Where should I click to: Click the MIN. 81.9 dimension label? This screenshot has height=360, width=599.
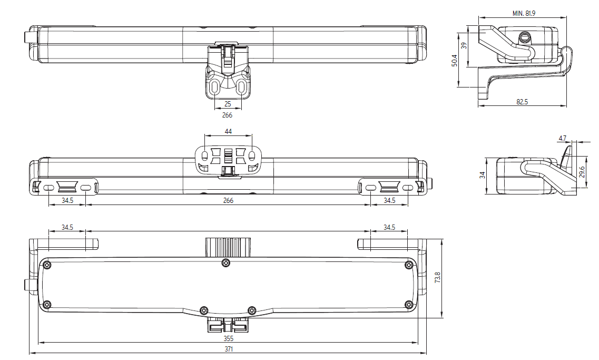click(x=524, y=13)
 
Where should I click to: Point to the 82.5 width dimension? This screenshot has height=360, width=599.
click(x=522, y=102)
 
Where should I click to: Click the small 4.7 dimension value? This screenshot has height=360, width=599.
click(x=562, y=139)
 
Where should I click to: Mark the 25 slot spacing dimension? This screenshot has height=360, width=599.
click(x=228, y=104)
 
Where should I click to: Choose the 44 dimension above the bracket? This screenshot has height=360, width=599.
click(x=228, y=131)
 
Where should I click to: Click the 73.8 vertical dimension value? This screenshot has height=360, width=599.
click(x=437, y=278)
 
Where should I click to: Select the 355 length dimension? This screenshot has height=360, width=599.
click(x=228, y=338)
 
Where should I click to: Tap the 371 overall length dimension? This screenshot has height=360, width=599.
click(x=228, y=349)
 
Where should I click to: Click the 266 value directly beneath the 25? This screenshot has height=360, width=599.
click(x=227, y=115)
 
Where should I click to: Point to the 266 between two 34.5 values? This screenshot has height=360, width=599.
click(x=228, y=200)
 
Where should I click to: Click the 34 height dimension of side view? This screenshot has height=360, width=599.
click(x=482, y=176)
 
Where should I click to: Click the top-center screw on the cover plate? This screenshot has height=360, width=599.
click(x=226, y=263)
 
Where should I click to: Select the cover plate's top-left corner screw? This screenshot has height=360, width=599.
click(x=48, y=264)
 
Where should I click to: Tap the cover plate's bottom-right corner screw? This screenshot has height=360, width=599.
click(x=408, y=304)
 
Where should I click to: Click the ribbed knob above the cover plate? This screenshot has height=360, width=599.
click(x=227, y=246)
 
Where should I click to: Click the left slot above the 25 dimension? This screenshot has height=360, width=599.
click(x=215, y=87)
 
